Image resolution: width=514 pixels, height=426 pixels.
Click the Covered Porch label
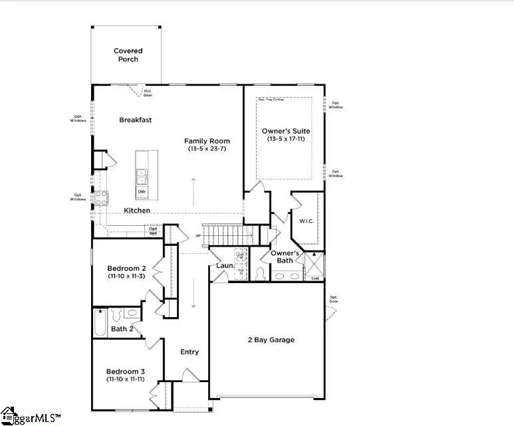[128, 55]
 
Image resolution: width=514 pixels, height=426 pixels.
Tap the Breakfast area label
[136, 120]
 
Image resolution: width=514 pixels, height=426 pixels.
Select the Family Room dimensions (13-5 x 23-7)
[208, 150]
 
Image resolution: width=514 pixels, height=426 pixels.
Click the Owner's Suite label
[286, 131]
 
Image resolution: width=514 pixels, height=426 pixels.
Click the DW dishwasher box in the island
[142, 192]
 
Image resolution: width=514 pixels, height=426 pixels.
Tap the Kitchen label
[137, 211]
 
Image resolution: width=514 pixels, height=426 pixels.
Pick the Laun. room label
[224, 266]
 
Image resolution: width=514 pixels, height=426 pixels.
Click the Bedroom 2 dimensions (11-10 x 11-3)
[126, 275]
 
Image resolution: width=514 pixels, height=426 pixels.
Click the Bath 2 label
[122, 329]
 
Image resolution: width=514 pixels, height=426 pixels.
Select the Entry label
[190, 352]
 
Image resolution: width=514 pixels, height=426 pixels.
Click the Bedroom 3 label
[126, 372]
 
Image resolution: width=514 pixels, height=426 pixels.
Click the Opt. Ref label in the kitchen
[153, 231]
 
